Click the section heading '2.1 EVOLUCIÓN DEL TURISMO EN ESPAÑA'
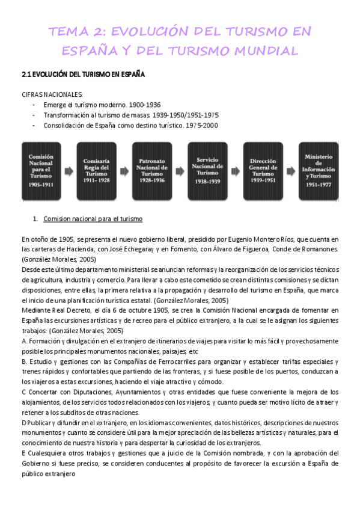tap(83, 75)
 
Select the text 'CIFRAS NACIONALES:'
tap(52, 94)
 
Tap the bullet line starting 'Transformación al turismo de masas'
tap(131, 115)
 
